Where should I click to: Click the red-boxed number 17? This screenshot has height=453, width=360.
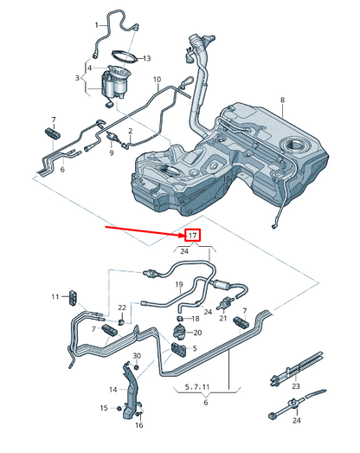(191, 235)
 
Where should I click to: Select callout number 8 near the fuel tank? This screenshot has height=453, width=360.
(281, 101)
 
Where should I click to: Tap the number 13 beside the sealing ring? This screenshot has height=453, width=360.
(146, 58)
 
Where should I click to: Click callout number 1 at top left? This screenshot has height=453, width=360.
(97, 25)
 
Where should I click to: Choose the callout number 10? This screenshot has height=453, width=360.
(157, 81)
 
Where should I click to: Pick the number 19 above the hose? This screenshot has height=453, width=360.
(178, 283)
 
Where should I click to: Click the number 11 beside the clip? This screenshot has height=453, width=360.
(55, 297)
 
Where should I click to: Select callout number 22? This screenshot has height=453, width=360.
(123, 308)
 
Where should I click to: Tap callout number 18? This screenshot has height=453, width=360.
(196, 319)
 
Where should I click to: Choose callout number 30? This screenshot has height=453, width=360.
(136, 356)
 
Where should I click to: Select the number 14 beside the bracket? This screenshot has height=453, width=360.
(113, 390)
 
